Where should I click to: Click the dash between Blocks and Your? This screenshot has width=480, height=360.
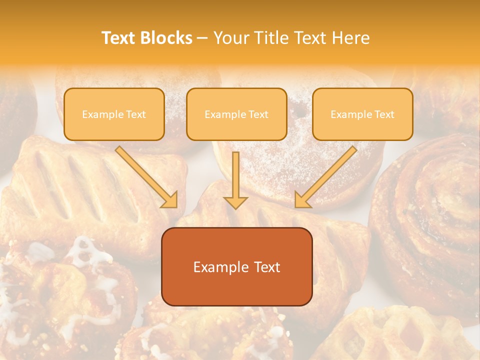point(202,38)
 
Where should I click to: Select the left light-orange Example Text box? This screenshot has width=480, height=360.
point(114,114)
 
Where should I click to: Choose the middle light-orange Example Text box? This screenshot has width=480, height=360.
point(236,114)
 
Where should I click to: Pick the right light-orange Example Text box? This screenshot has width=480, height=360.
point(362,114)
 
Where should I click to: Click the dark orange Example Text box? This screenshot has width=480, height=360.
point(236,266)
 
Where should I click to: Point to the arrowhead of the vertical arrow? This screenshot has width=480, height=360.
point(235,202)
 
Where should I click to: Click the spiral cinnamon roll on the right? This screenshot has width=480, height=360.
point(430,210)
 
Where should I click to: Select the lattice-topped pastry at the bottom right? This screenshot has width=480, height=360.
point(400,335)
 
